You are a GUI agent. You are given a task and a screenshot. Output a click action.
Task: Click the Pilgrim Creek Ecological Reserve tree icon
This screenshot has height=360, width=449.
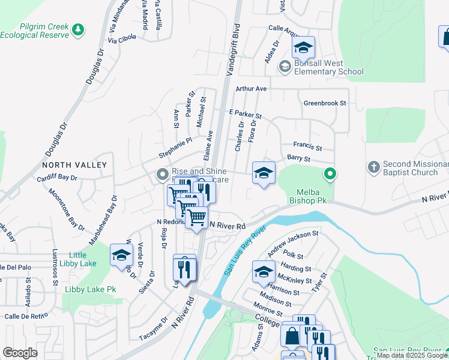(x=77, y=29)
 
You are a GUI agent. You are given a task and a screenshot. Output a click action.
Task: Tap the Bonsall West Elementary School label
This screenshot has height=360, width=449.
(x=329, y=68)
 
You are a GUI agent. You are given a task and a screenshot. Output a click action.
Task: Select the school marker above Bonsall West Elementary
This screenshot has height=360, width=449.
(x=304, y=47)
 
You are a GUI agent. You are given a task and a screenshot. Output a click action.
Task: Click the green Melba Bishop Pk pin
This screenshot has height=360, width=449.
(x=330, y=175)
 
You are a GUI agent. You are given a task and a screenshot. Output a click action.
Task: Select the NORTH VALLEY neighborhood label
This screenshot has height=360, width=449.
(x=74, y=165)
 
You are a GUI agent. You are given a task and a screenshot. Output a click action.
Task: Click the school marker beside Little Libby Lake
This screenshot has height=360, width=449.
(x=121, y=255)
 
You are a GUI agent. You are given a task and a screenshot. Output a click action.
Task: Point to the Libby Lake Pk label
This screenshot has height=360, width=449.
(x=90, y=290)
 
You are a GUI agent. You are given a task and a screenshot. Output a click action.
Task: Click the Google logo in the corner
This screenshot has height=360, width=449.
(x=20, y=352)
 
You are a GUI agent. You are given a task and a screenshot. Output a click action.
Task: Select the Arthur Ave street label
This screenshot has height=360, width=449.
(x=251, y=88)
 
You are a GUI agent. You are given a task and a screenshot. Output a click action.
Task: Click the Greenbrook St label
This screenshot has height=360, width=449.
(x=325, y=103)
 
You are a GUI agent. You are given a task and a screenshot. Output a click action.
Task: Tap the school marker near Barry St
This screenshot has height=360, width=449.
(x=263, y=173)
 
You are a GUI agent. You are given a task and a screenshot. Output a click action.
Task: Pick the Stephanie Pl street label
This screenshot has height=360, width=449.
(x=175, y=148)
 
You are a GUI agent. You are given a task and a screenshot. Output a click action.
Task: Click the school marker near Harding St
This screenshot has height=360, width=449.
(x=263, y=271)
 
